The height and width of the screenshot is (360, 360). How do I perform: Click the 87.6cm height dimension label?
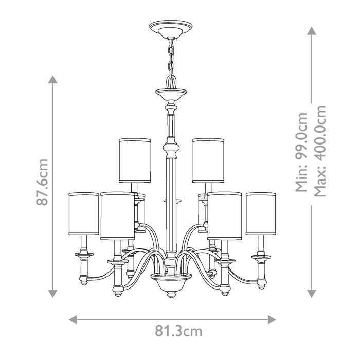tap(42, 182)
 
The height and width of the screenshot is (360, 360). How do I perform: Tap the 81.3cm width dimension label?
tap(178, 331)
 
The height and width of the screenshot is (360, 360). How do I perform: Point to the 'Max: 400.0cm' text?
tap(320, 152)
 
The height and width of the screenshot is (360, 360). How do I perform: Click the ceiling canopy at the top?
tap(170, 28)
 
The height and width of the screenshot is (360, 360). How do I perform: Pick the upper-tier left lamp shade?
tap(135, 160)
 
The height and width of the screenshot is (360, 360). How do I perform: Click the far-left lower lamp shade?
tap(84, 213)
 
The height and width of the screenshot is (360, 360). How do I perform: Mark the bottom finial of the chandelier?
tap(170, 294)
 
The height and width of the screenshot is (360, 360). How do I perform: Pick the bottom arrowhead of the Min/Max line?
tap(312, 294)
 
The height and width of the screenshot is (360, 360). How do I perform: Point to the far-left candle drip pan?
tap(83, 255)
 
